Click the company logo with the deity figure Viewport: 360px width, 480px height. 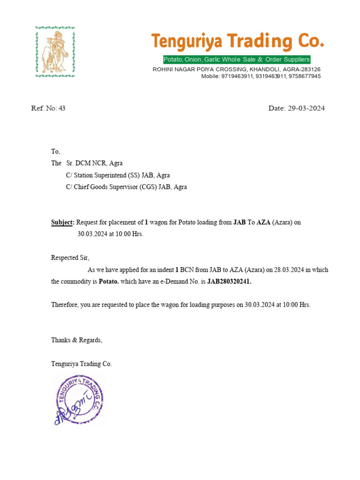[x=55, y=51]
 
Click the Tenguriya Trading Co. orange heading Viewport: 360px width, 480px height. [x=237, y=42]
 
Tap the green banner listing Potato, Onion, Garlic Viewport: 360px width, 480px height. [x=236, y=60]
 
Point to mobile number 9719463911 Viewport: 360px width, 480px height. [x=238, y=76]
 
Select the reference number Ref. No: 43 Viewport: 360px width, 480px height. [x=48, y=108]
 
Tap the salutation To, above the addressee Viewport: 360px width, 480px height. [x=56, y=151]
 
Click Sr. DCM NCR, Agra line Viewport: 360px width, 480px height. [x=94, y=163]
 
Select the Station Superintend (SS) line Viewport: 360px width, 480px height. [x=118, y=175]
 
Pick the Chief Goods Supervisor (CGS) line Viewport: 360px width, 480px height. [x=126, y=187]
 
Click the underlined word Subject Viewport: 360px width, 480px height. [x=62, y=222]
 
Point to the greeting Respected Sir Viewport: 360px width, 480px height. [x=70, y=257]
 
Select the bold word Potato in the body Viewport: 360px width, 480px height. [x=109, y=282]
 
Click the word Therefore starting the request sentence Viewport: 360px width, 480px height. [x=64, y=305]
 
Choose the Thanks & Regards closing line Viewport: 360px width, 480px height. [x=76, y=340]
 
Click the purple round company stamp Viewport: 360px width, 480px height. [x=79, y=400]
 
